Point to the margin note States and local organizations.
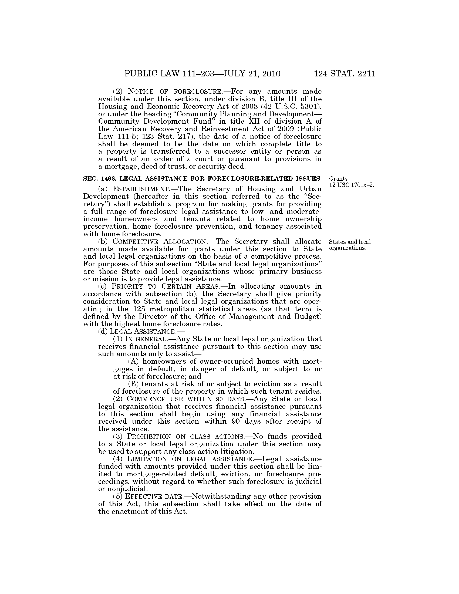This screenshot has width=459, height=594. (x=350, y=245)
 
